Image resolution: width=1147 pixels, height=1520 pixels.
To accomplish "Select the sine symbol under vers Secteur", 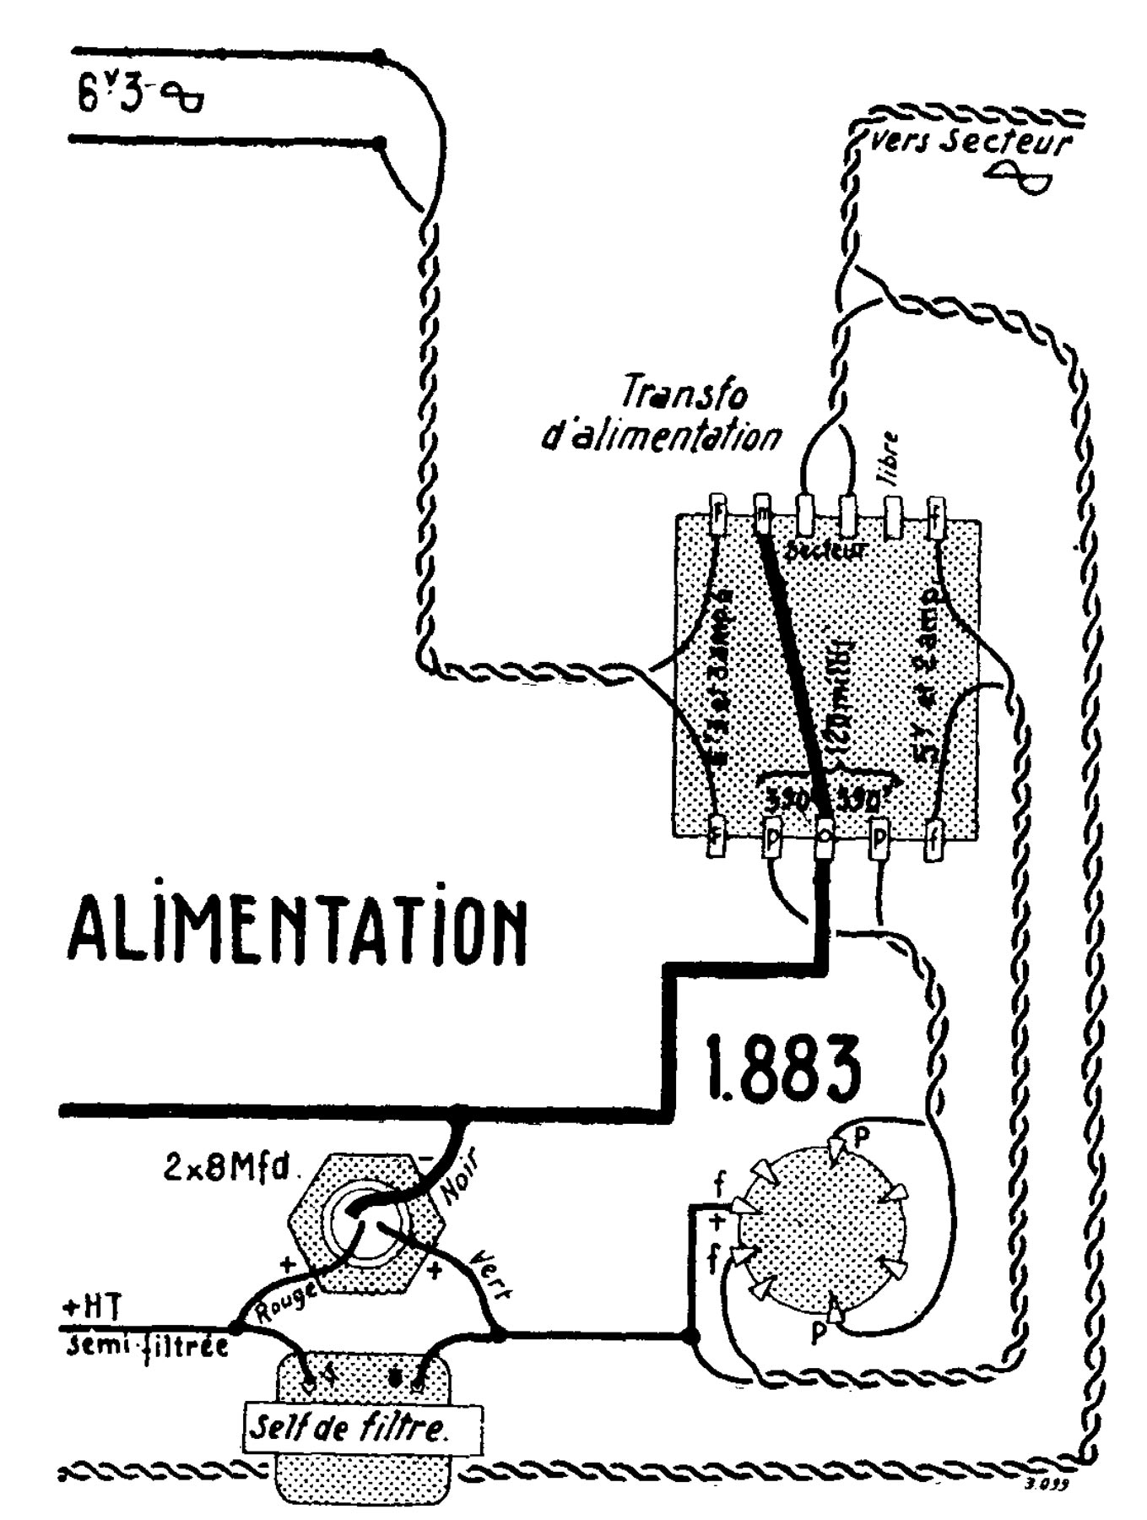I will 1020,176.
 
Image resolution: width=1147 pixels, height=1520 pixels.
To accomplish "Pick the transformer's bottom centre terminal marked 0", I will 824,837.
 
